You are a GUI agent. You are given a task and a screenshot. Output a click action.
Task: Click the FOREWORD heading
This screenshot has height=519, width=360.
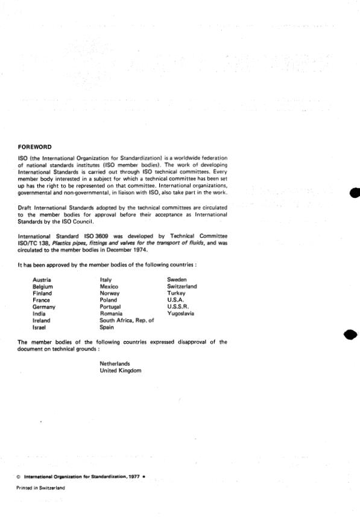(x=35, y=147)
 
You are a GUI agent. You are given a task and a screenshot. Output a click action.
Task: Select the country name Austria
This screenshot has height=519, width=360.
(x=42, y=279)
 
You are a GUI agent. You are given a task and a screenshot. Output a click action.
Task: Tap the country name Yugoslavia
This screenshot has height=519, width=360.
(x=180, y=314)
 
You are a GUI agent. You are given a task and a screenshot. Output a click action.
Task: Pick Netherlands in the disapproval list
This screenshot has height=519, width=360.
(x=115, y=364)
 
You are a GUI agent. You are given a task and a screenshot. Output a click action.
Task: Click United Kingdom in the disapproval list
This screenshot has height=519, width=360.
(x=121, y=371)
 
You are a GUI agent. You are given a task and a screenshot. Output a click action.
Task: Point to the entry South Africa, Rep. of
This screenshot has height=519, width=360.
(x=127, y=320)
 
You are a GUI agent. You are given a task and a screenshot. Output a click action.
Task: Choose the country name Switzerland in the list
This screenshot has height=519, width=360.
(x=182, y=286)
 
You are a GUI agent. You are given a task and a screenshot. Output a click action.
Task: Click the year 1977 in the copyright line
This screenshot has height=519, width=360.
(x=134, y=476)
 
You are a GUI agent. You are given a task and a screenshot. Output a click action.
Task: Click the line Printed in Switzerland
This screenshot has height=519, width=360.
(x=41, y=488)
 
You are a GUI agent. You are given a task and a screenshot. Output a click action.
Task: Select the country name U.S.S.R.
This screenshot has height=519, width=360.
(x=178, y=307)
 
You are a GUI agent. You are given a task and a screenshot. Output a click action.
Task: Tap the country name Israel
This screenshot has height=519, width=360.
(x=40, y=327)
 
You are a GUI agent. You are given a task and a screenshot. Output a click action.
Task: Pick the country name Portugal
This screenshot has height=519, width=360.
(x=111, y=307)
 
